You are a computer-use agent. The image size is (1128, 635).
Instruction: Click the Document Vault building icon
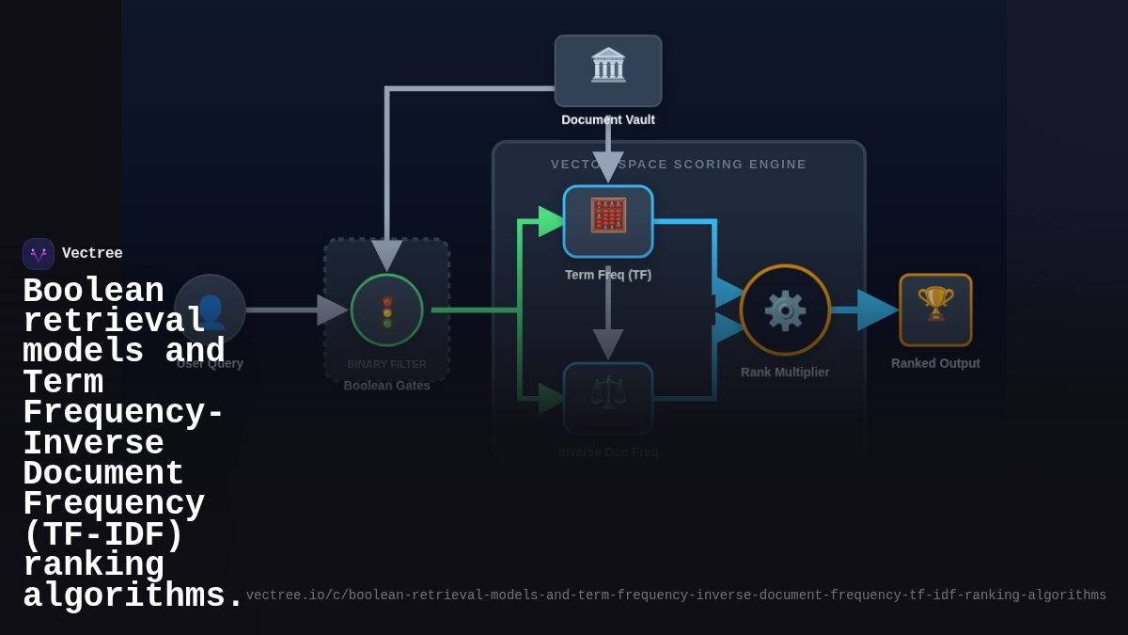point(608,66)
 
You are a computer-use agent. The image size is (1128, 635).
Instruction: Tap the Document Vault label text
point(608,119)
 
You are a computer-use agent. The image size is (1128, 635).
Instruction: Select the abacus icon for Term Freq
point(608,215)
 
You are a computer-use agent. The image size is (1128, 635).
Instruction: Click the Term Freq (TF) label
point(608,275)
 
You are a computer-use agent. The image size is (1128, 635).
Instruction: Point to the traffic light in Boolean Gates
point(387,311)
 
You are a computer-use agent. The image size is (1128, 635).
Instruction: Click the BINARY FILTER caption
point(386,364)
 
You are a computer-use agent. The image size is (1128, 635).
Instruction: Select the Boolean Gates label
point(386,386)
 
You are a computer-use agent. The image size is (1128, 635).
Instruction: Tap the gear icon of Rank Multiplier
point(785,310)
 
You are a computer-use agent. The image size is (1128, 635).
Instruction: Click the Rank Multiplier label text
point(785,372)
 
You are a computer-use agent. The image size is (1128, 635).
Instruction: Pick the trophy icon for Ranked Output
point(935,304)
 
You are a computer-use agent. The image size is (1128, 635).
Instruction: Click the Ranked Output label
point(935,363)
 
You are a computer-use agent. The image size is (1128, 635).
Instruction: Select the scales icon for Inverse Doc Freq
point(608,393)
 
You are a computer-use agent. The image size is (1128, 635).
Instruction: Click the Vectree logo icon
point(39,254)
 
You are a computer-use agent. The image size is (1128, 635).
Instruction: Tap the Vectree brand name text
point(92,254)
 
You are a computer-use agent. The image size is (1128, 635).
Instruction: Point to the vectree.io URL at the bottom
point(676,595)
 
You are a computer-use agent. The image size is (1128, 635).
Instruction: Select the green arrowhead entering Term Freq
point(551,221)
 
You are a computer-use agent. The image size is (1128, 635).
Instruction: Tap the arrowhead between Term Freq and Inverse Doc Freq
point(608,343)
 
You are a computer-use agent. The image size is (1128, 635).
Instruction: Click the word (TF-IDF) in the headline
point(103,535)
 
